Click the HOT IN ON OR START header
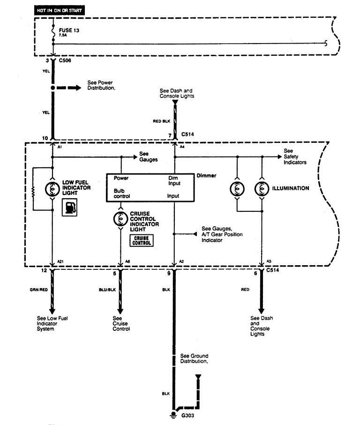[x=59, y=10]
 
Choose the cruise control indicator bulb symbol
[x=121, y=218]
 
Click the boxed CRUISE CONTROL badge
[x=142, y=240]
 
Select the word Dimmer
[x=207, y=175]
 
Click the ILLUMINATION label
[x=291, y=188]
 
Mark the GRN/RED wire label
[x=37, y=290]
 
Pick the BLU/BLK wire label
[x=106, y=290]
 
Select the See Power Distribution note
[x=101, y=85]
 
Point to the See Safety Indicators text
[x=295, y=157]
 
